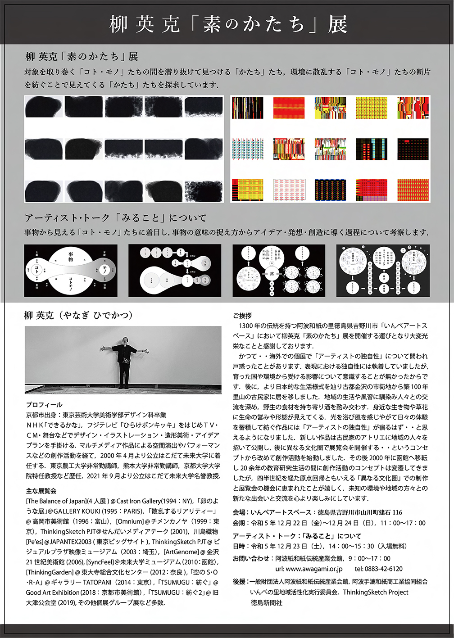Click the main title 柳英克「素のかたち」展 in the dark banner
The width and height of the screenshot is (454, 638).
227,24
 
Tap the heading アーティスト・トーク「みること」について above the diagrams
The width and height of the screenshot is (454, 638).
116,218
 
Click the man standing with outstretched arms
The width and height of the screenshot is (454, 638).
123,363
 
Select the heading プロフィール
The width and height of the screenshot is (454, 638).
44,405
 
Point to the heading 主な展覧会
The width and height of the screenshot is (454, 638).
41,491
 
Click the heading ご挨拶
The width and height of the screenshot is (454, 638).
242,316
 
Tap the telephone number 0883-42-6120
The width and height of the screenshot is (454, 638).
379,569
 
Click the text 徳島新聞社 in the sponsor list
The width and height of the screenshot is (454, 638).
267,603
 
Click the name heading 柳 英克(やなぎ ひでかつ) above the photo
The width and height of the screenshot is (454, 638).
78,316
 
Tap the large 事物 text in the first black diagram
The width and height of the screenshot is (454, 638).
71,257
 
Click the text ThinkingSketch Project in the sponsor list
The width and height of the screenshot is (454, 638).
376,592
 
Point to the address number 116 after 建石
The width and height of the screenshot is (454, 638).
397,512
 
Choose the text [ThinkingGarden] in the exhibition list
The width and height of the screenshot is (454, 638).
47,572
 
